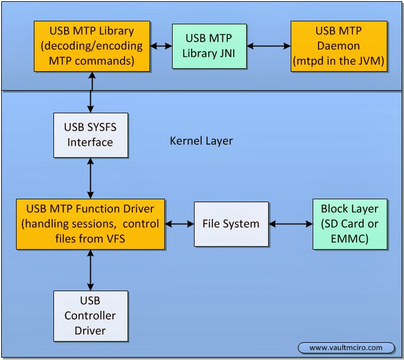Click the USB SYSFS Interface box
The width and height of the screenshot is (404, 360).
(x=90, y=135)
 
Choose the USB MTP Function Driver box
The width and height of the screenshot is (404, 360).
(x=90, y=224)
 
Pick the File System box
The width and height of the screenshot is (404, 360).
(x=231, y=224)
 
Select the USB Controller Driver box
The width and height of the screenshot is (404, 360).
(x=90, y=315)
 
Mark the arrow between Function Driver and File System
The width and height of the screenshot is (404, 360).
(x=180, y=224)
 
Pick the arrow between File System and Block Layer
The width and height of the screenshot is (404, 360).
(x=290, y=224)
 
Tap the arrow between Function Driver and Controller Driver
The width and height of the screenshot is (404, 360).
(x=91, y=269)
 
